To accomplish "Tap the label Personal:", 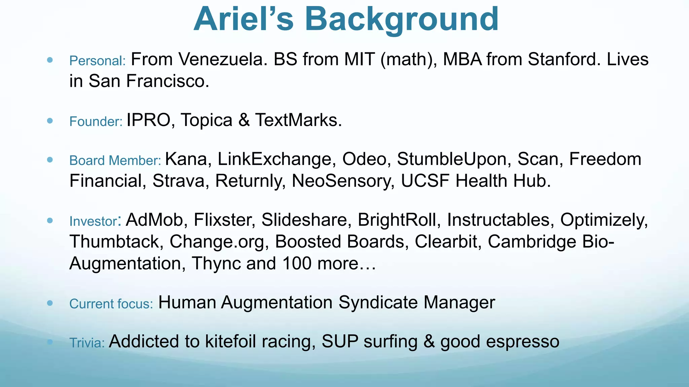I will click(x=97, y=61).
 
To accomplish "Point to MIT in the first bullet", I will click(x=359, y=59).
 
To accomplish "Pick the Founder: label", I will click(x=96, y=122).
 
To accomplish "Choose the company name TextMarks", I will click(x=298, y=120).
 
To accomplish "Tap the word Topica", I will click(x=206, y=120).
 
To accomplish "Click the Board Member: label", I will click(x=115, y=161).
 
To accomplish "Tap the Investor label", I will click(x=93, y=221).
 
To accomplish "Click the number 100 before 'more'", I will click(x=297, y=264).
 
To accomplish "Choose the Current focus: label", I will click(x=111, y=304).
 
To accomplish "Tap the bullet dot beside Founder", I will click(x=50, y=121).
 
